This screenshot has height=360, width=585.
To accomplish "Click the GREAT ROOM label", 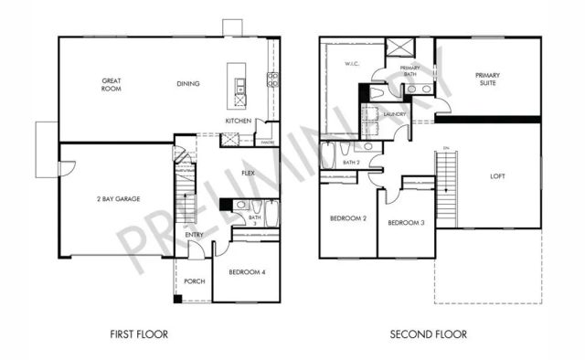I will point(112,85).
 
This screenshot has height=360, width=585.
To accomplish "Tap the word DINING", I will point(189,84).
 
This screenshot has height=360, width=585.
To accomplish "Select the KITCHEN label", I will point(239,122).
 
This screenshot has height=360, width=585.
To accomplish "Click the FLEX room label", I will point(248,173).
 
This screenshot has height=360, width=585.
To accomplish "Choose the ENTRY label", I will point(195,235).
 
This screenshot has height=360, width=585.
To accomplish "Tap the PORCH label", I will point(194,281).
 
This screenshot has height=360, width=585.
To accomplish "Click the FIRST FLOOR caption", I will point(138,334).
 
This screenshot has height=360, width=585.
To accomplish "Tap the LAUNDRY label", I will point(395,114).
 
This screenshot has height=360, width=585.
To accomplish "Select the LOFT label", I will point(497,176).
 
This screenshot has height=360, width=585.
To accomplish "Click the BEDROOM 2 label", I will point(348,218).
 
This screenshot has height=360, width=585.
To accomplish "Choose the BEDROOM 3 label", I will point(406,223).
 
